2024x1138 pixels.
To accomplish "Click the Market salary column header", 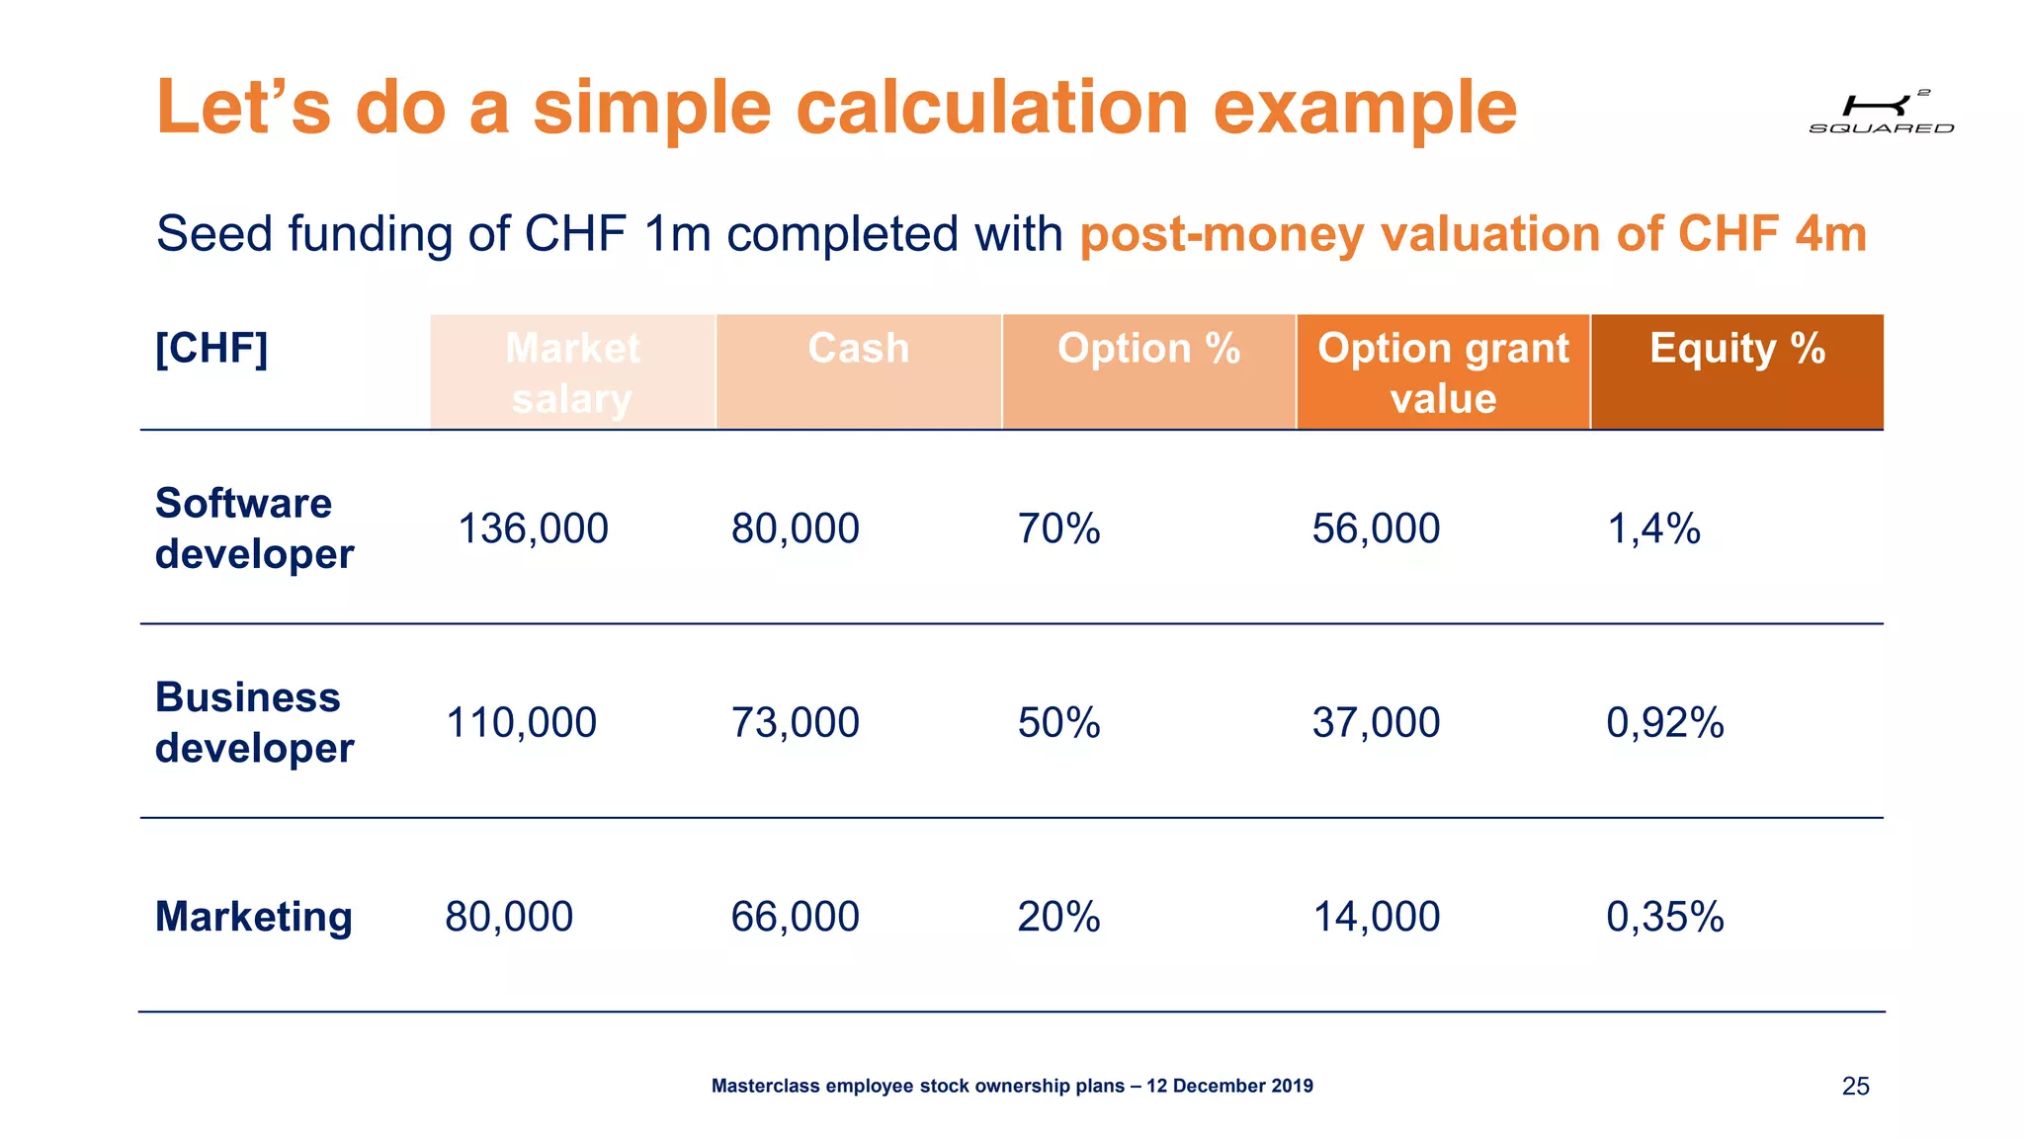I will click(x=572, y=372).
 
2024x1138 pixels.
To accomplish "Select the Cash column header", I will click(x=858, y=349).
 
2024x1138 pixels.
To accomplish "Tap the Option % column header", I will click(x=1148, y=349).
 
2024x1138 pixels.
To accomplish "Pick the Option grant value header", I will click(x=1443, y=372).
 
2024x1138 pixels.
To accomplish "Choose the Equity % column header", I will click(x=1736, y=349).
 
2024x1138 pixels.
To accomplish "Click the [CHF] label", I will click(x=211, y=349).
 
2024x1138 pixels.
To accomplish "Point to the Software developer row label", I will click(x=254, y=528).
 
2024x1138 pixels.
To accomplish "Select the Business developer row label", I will click(x=254, y=722).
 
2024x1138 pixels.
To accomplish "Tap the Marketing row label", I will click(x=253, y=917).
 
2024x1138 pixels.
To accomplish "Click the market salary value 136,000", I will click(x=533, y=528).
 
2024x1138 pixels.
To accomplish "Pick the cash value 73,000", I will click(x=795, y=722).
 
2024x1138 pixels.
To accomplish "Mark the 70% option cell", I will click(x=1058, y=528).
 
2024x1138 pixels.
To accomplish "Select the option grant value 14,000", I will click(x=1376, y=917).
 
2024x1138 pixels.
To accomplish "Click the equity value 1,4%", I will click(x=1653, y=528).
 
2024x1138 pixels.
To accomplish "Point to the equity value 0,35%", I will click(x=1664, y=917).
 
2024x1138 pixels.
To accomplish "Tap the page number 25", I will click(x=1855, y=1086).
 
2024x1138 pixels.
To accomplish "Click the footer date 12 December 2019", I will click(x=1229, y=1086).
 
